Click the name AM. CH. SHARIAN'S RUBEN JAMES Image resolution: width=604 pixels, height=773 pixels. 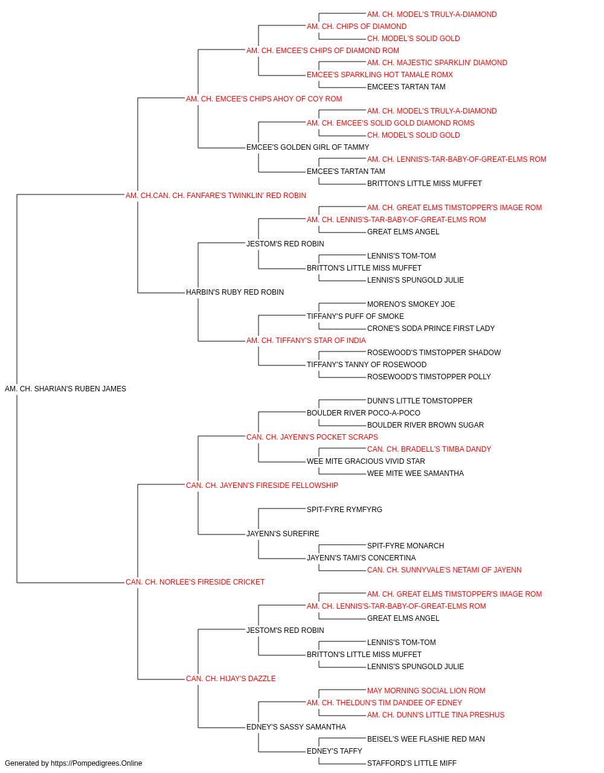click(65, 389)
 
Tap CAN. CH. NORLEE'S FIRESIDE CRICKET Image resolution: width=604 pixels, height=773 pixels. click(195, 582)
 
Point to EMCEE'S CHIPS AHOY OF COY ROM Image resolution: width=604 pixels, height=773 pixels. click(279, 99)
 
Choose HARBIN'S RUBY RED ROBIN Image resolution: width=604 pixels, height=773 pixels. click(235, 292)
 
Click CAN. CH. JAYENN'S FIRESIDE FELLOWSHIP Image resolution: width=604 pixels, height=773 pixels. click(262, 485)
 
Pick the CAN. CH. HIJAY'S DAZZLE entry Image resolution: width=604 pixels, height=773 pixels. click(231, 679)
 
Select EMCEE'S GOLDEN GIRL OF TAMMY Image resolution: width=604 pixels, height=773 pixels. click(307, 147)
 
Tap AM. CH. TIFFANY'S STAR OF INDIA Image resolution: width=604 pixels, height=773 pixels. click(306, 341)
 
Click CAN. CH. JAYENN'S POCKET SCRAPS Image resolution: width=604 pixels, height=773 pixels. click(312, 437)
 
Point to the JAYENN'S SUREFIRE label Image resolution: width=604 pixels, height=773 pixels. click(283, 534)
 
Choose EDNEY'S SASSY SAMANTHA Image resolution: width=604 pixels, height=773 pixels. click(296, 726)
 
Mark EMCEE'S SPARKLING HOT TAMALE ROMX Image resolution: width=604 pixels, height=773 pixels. click(379, 75)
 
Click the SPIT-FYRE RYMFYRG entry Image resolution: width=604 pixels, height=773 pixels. click(344, 510)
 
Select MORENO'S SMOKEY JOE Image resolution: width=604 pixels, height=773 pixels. click(411, 304)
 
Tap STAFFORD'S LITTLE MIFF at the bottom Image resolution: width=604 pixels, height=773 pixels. click(411, 763)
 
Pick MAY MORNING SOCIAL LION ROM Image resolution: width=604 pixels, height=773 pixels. click(426, 690)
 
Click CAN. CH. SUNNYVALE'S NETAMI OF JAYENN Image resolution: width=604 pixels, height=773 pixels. click(445, 570)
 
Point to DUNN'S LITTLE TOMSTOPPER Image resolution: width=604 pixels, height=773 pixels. click(420, 401)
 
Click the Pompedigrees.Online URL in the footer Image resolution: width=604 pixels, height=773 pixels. click(97, 763)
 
